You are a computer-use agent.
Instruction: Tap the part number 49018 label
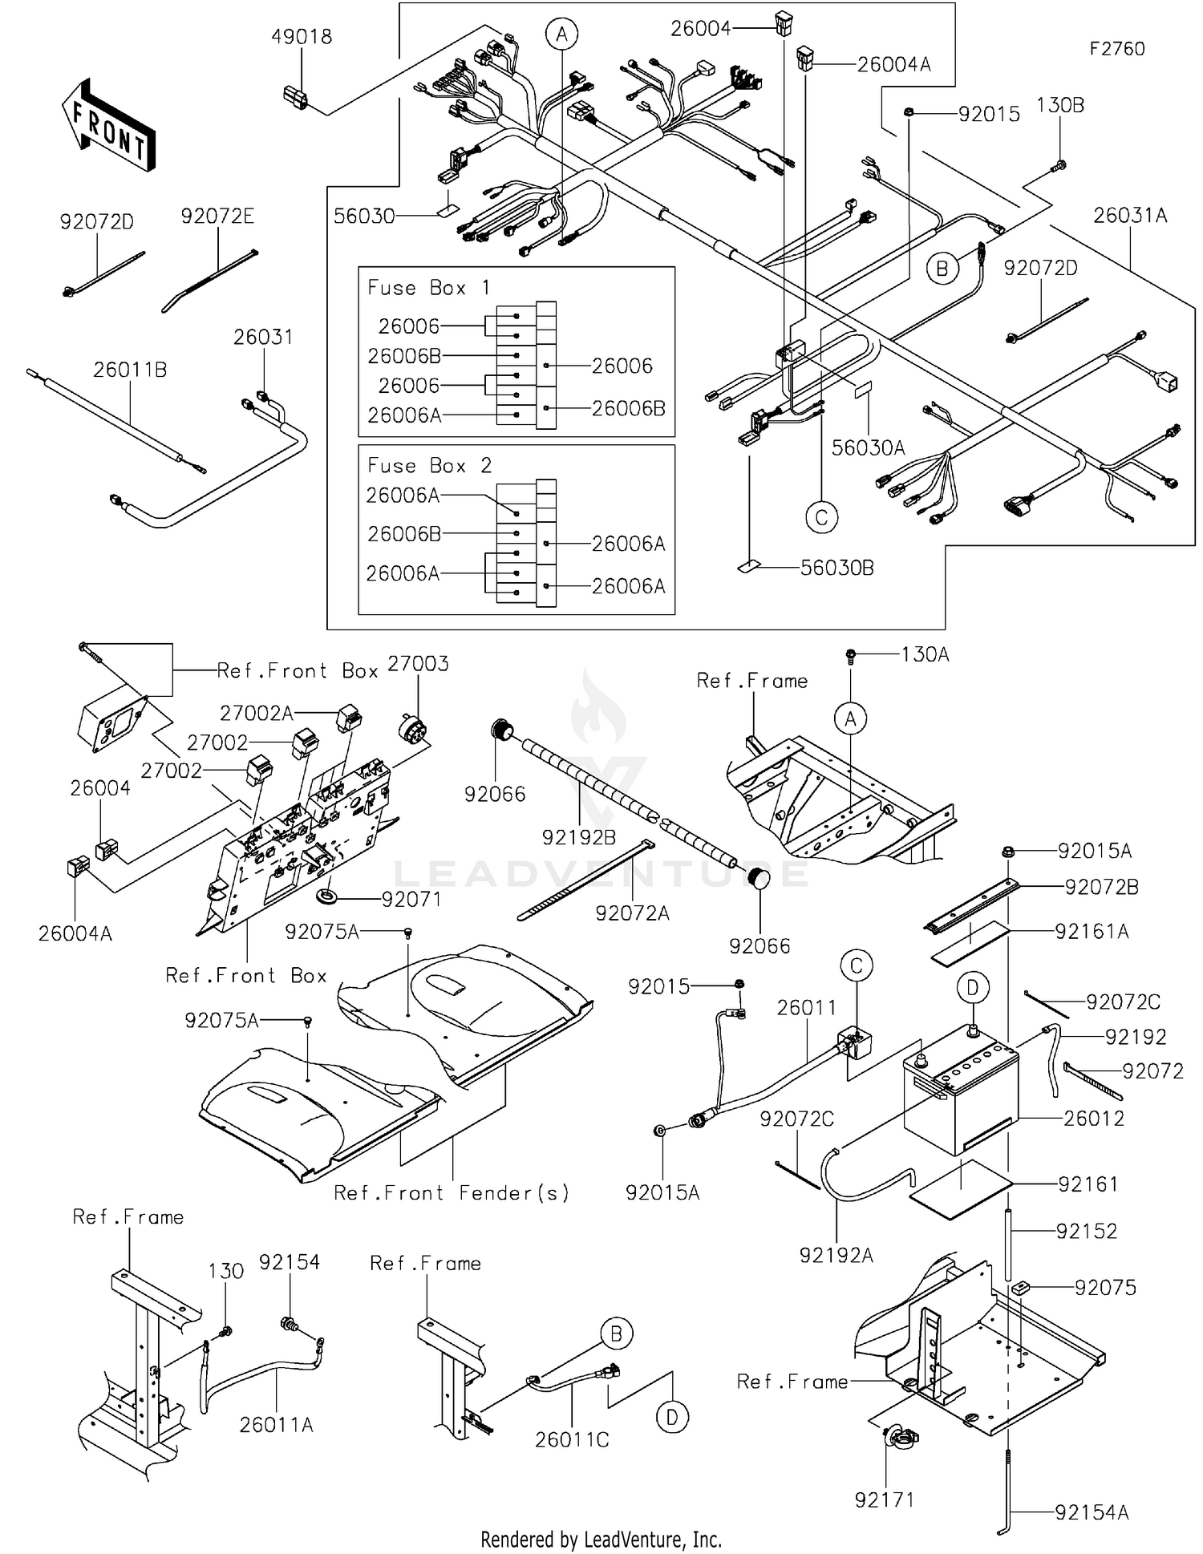(x=301, y=37)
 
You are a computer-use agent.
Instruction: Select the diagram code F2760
(x=1116, y=49)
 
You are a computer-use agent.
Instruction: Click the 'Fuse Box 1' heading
(x=428, y=288)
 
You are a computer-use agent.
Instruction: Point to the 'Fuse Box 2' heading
(x=429, y=466)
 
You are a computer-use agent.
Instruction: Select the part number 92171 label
(x=884, y=1499)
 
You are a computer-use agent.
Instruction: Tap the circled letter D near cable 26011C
(x=671, y=1418)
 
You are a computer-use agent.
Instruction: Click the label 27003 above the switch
(x=418, y=664)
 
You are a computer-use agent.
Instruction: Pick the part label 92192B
(x=579, y=838)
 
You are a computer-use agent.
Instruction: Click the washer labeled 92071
(x=326, y=895)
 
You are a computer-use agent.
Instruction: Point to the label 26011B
(x=130, y=370)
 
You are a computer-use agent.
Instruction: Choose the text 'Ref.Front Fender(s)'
(x=452, y=1193)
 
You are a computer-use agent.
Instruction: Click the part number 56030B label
(x=836, y=569)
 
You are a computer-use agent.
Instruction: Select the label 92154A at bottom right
(x=1092, y=1513)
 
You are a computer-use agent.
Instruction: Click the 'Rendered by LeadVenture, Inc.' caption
(x=601, y=1540)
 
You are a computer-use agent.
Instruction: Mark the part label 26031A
(x=1130, y=216)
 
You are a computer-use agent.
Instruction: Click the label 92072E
(x=217, y=217)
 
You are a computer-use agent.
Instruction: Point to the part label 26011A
(x=276, y=1425)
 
